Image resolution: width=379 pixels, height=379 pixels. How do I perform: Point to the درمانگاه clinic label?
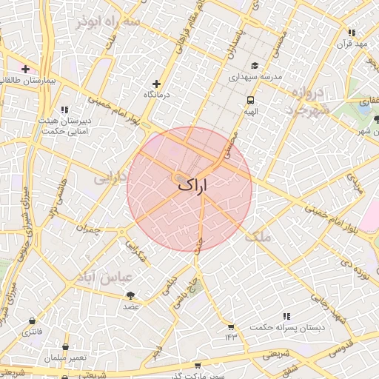click(156, 95)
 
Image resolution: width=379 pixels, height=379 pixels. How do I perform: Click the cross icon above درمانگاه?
click(156, 84)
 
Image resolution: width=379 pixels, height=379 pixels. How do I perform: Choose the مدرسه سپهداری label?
click(254, 76)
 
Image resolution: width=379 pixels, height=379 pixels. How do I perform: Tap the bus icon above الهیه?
click(251, 99)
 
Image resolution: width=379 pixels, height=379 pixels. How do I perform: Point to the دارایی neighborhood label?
click(110, 178)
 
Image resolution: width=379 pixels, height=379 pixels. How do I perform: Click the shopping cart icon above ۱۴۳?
click(230, 326)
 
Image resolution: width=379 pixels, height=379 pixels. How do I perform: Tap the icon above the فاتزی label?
click(32, 321)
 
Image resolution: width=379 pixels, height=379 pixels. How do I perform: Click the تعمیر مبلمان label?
click(65, 358)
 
